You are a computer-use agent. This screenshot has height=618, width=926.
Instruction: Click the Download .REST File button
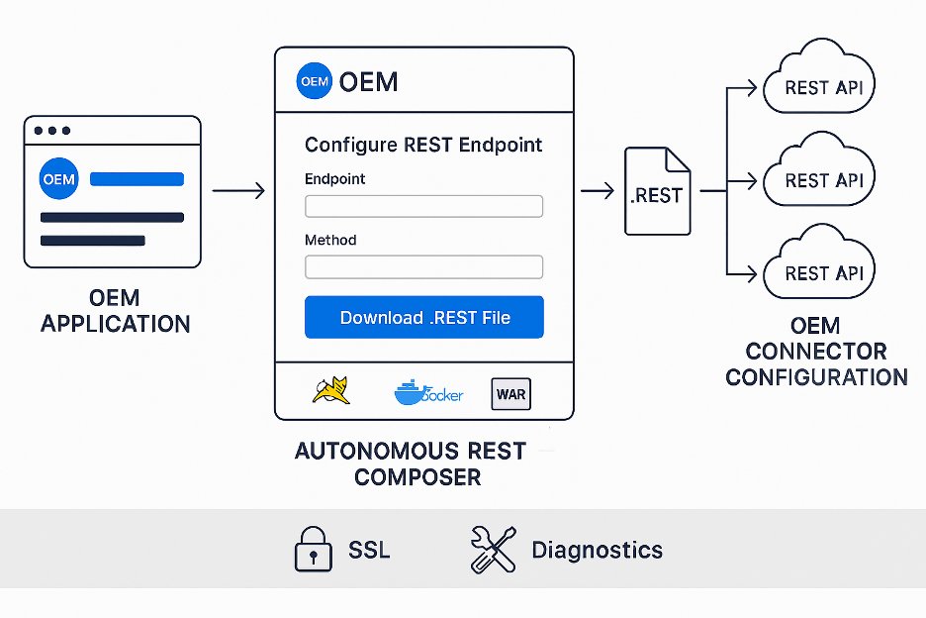point(423,317)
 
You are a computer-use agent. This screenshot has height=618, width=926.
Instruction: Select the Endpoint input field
point(423,206)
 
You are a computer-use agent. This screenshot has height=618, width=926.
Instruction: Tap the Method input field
point(423,266)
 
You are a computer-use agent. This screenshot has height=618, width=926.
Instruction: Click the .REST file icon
point(657,191)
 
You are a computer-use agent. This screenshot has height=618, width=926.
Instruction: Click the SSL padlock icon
point(314,550)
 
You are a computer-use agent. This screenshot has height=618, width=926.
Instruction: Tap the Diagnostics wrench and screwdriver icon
point(492,550)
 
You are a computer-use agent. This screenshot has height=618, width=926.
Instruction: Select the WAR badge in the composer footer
point(510,394)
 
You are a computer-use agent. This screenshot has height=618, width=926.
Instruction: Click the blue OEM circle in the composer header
point(314,81)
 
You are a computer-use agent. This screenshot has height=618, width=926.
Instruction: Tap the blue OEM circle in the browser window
point(58,179)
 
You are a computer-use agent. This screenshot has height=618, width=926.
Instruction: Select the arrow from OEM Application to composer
point(237,190)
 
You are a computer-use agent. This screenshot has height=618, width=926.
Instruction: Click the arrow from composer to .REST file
point(597,190)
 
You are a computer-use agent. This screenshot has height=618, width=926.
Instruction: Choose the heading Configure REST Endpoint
point(423,145)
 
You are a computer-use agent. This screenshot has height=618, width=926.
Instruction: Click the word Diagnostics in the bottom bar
point(597,550)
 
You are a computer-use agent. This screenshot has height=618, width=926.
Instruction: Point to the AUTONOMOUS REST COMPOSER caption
point(412,463)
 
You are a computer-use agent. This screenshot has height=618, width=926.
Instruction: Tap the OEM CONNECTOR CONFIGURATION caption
point(816,351)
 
